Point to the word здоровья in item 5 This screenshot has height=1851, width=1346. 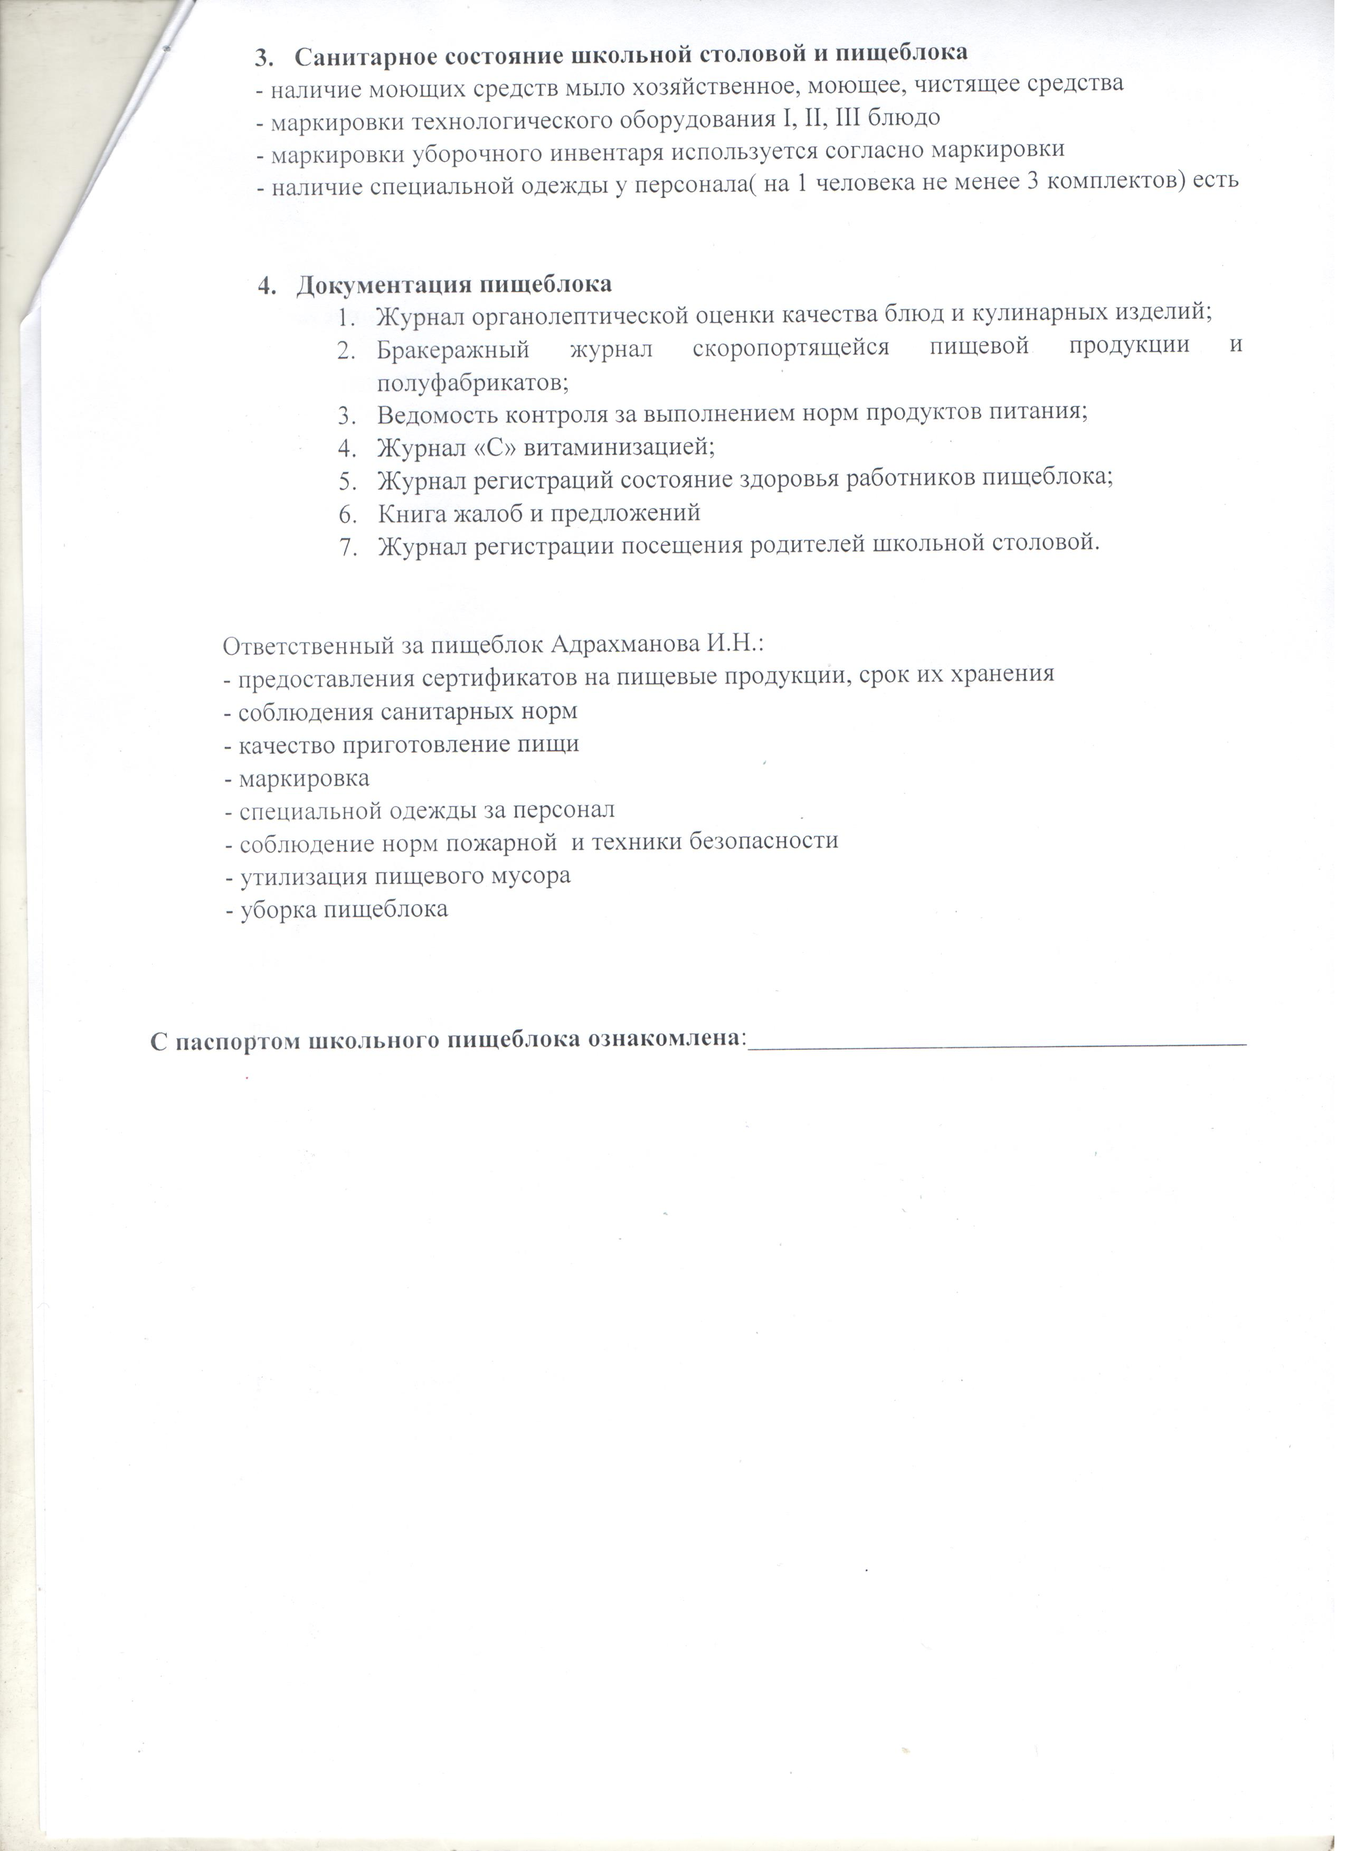coord(795,481)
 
